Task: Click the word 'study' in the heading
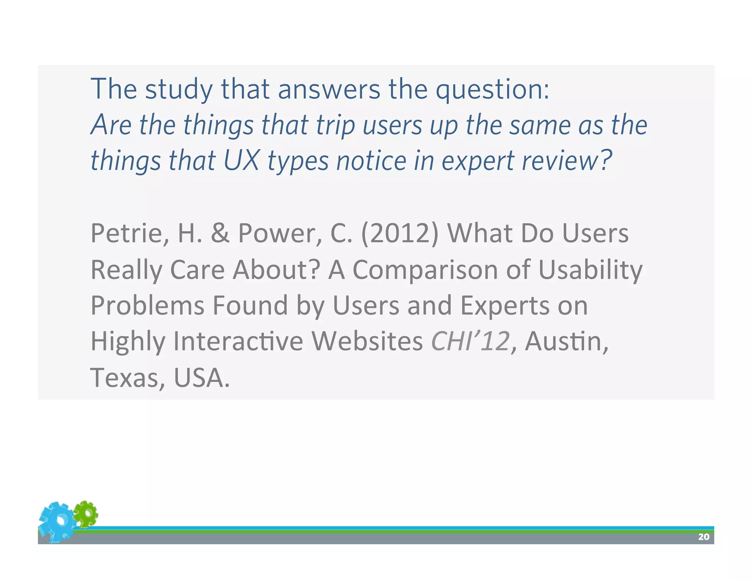tap(179, 89)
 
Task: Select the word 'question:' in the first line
tap(492, 89)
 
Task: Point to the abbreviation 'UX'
tap(241, 161)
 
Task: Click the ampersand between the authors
tap(220, 234)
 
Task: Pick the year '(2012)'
tap(400, 234)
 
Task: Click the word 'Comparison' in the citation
tap(425, 270)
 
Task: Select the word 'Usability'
tap(590, 270)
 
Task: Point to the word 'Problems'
tap(147, 306)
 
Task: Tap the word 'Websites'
tap(367, 341)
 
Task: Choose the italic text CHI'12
tap(470, 341)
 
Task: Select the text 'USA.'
tap(202, 378)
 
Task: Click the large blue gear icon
tap(57, 522)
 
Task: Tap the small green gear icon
tap(86, 513)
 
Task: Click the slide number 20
tap(704, 537)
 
